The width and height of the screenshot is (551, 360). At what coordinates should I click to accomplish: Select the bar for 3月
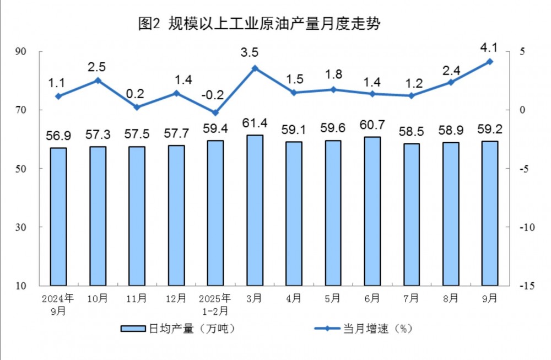coord(255,210)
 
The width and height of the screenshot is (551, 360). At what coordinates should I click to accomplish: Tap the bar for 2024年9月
coord(58,216)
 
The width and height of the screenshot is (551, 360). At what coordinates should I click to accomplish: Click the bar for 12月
coord(176,215)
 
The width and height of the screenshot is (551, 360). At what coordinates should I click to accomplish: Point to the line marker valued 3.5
coord(255,68)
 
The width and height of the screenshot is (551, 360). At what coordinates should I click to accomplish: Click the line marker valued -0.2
coord(215,113)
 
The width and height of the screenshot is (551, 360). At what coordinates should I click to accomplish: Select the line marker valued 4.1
coord(489,62)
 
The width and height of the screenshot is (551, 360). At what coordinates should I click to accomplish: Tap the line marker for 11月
coord(137,108)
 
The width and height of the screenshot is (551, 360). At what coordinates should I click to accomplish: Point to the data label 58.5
coord(411,132)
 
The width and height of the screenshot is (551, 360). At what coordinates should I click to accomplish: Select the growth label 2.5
coord(98,67)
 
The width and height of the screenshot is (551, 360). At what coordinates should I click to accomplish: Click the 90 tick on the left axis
coord(30,52)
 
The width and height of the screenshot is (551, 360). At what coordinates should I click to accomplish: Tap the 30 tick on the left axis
coord(30,227)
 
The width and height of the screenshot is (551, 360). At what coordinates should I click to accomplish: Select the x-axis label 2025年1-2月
coord(215,303)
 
